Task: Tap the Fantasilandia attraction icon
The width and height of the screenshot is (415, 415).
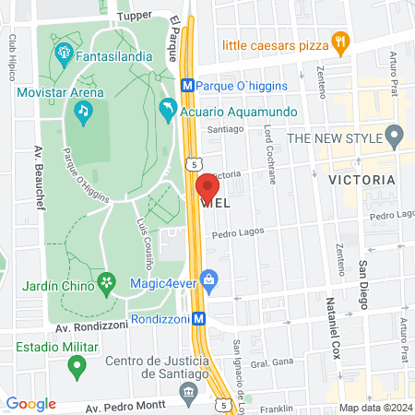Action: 64,50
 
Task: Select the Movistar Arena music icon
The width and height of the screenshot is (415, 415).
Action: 82,112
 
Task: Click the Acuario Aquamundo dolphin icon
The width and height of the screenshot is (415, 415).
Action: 167,111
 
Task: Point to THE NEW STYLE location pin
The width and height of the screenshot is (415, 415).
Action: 394,138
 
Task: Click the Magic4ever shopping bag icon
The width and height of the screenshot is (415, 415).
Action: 210,278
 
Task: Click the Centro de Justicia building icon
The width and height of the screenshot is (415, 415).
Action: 189,391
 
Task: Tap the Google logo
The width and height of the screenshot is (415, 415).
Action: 30,403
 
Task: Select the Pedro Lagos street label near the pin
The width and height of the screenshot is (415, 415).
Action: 238,234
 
